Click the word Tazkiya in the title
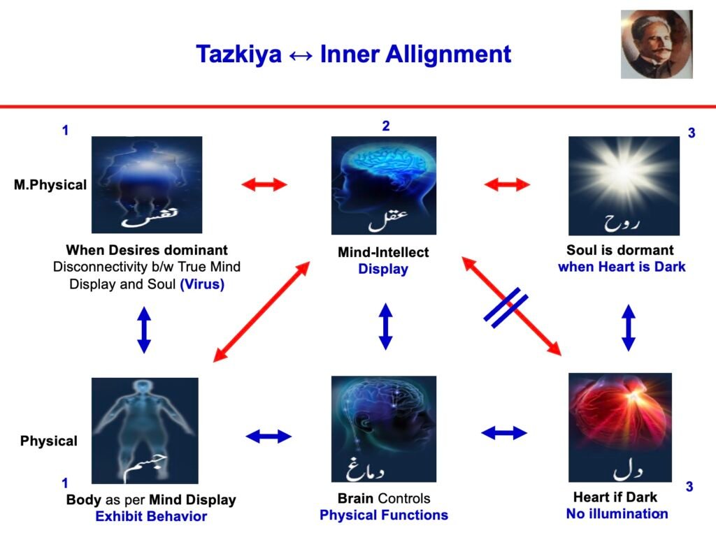[x=238, y=54]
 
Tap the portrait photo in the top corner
[x=657, y=44]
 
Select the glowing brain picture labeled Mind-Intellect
[x=384, y=185]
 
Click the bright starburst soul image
[x=624, y=186]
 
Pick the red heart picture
[x=620, y=427]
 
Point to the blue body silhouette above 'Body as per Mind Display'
[x=145, y=430]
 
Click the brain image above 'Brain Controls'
[x=384, y=429]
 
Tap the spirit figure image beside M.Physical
[x=147, y=184]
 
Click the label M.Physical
[x=50, y=184]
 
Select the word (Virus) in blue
[x=202, y=284]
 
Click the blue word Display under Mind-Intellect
[x=383, y=269]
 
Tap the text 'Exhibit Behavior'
[x=151, y=516]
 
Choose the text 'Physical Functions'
[x=384, y=515]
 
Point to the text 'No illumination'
[x=617, y=513]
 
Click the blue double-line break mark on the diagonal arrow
[x=506, y=308]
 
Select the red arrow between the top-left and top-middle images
[x=264, y=184]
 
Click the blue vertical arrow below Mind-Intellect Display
[x=386, y=327]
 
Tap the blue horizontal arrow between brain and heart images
[x=504, y=432]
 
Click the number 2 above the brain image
[x=386, y=126]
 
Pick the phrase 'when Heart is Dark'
[x=622, y=267]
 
